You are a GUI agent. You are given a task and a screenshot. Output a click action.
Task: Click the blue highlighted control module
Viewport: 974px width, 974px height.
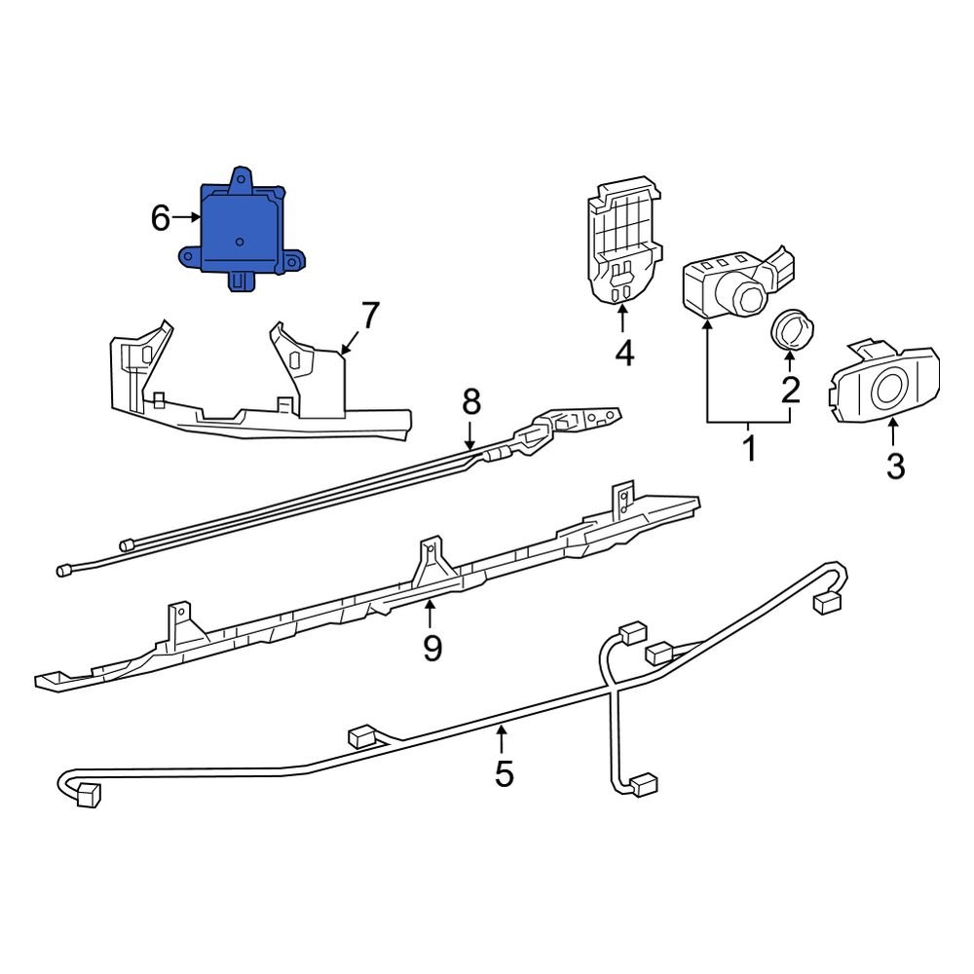(x=242, y=232)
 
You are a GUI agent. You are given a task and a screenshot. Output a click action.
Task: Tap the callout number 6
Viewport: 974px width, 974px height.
(x=161, y=218)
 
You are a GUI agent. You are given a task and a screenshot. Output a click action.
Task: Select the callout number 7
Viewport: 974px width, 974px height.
(x=369, y=316)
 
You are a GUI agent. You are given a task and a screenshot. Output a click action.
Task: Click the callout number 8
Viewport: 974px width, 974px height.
(x=471, y=400)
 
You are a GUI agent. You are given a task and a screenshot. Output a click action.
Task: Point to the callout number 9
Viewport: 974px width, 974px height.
(x=431, y=646)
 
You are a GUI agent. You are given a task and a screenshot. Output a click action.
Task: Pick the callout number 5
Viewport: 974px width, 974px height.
(x=504, y=773)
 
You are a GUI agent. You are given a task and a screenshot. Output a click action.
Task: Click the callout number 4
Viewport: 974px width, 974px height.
(x=624, y=353)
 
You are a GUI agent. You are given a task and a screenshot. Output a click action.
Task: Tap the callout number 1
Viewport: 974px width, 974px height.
(x=749, y=450)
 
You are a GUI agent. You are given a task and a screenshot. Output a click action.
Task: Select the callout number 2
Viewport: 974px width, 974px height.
(x=790, y=389)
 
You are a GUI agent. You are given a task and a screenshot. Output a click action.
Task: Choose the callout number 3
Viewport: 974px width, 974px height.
(x=895, y=466)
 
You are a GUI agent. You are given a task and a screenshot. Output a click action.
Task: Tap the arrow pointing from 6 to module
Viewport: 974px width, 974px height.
(x=186, y=219)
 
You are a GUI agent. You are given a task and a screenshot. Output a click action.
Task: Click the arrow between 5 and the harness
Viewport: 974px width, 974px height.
(x=503, y=740)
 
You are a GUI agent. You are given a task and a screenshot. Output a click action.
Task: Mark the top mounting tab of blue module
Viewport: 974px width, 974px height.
(x=242, y=177)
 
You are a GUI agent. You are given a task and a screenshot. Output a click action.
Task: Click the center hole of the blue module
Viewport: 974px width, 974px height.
(x=239, y=240)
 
